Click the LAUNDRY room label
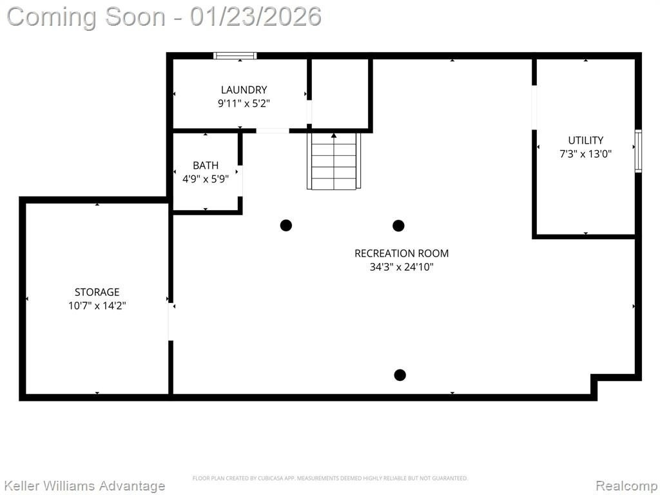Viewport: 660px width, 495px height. tap(244, 90)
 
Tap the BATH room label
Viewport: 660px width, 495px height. tap(206, 166)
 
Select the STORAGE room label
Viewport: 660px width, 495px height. tap(97, 292)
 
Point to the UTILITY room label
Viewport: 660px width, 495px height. tap(585, 140)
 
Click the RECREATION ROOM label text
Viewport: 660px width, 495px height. tap(402, 253)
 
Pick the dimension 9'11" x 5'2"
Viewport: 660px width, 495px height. tap(244, 103)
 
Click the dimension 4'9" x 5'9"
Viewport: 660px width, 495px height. tap(206, 179)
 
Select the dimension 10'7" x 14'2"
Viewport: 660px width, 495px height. tap(97, 306)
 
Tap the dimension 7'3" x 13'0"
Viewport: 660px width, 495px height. tap(585, 153)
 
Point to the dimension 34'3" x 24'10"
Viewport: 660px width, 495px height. tap(402, 267)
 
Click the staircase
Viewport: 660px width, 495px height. tap(334, 160)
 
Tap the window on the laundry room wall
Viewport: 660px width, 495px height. tap(235, 55)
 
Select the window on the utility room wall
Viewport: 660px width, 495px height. tap(638, 151)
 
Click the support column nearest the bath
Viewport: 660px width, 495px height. tap(286, 225)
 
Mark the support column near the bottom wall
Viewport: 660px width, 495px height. tap(400, 374)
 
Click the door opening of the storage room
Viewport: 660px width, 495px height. tap(171, 322)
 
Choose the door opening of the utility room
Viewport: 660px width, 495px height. tap(534, 108)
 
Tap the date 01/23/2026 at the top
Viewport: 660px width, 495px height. tap(256, 17)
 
